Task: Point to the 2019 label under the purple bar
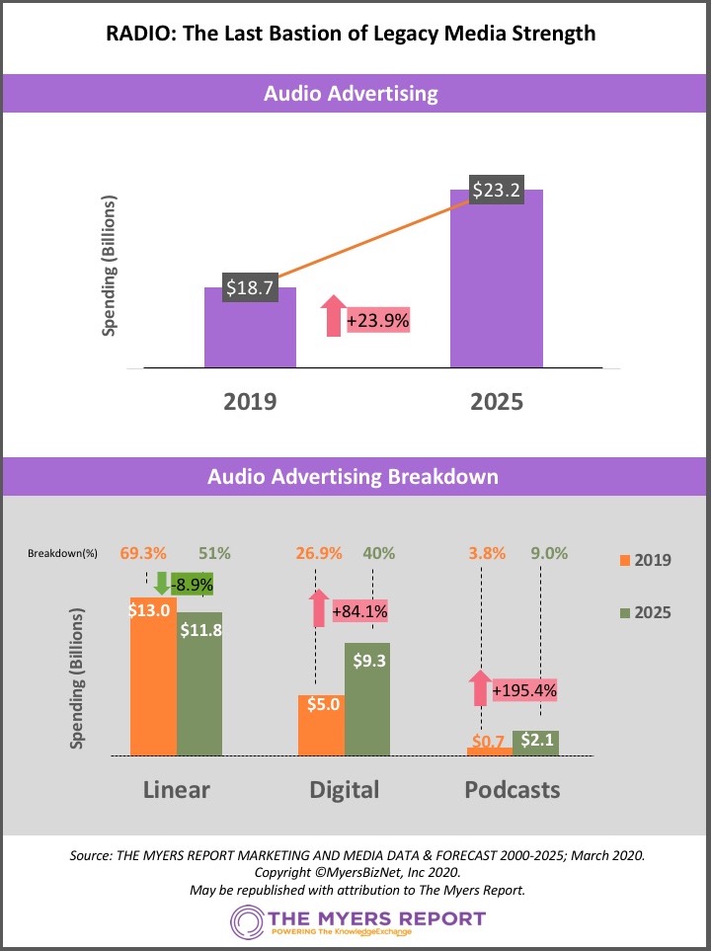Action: pos(250,402)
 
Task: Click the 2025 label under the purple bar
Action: pos(497,402)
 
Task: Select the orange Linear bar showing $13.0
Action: pos(153,681)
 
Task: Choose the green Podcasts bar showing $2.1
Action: pos(535,744)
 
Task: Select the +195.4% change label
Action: pos(524,689)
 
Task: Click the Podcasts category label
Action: pos(513,790)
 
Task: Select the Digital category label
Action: pos(344,790)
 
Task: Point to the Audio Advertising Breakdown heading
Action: pos(353,476)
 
